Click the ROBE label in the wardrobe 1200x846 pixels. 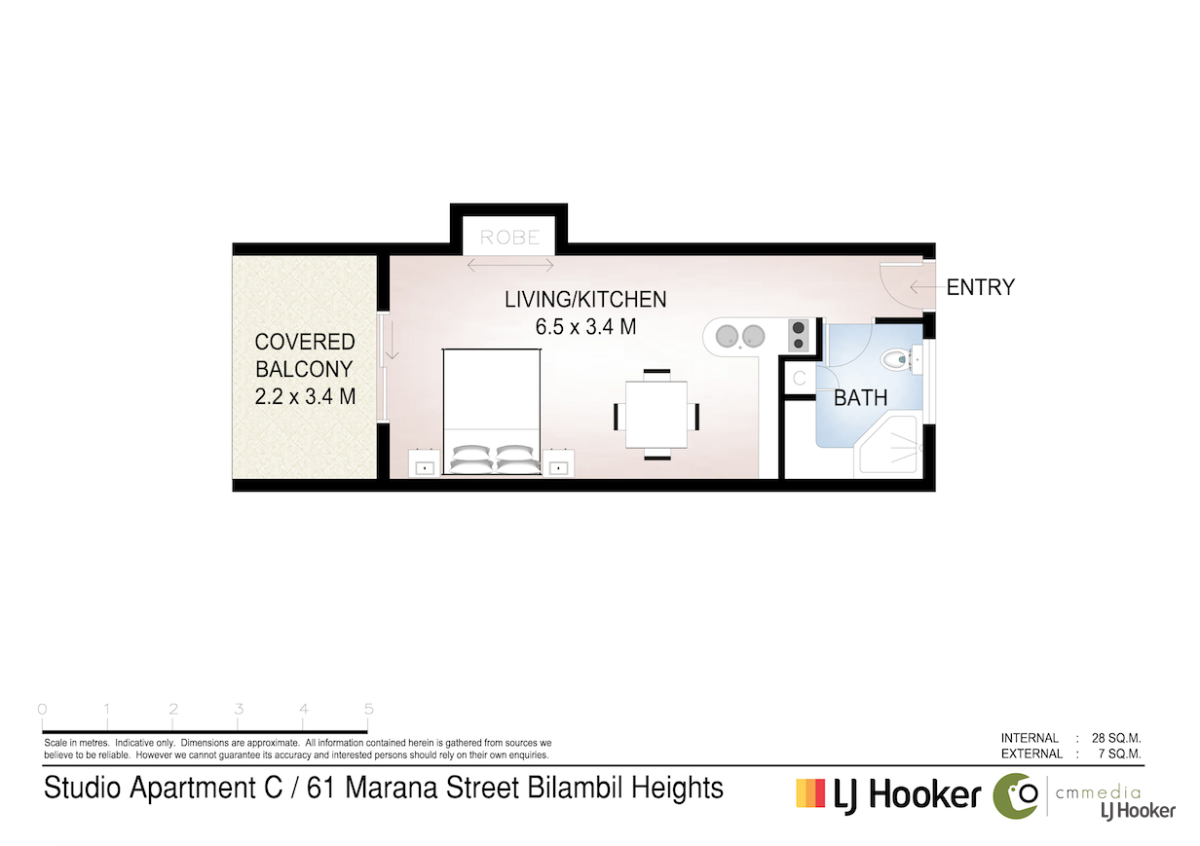tap(509, 238)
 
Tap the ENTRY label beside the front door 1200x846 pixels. tap(980, 287)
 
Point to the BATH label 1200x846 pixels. tap(861, 398)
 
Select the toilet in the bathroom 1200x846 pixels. tap(896, 359)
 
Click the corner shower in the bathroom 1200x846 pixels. tap(887, 446)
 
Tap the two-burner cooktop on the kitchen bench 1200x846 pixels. tap(799, 335)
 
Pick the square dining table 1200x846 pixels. tap(656, 414)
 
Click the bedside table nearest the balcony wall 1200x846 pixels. tap(425, 463)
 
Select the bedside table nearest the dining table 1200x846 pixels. tap(558, 463)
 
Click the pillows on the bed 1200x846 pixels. tap(495, 459)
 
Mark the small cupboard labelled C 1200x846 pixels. tap(800, 378)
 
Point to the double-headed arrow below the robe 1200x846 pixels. tap(510, 265)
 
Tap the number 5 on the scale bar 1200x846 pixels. tap(368, 710)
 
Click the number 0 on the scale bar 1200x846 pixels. tap(42, 710)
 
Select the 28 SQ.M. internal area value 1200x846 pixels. tap(1116, 738)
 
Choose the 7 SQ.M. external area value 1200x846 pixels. tap(1120, 754)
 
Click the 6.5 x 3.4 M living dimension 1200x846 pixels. tap(585, 327)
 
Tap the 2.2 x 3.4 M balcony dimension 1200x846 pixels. tap(305, 397)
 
